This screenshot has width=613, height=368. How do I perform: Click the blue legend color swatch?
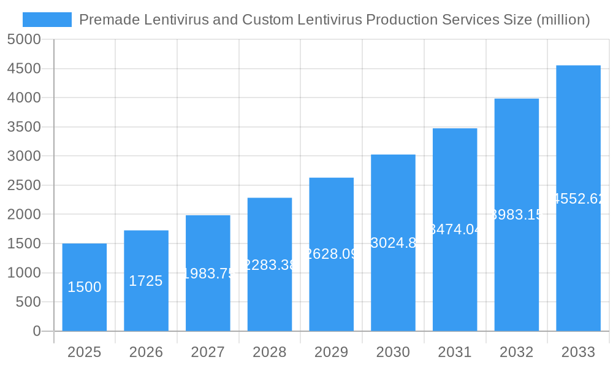(x=47, y=20)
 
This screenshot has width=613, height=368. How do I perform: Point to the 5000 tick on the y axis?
(x=24, y=40)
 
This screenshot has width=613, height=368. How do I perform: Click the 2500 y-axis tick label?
(x=24, y=185)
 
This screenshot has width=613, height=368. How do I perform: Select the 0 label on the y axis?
(x=36, y=331)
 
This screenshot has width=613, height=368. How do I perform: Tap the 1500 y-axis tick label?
(x=24, y=243)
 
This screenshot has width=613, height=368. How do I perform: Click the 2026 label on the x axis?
(x=146, y=352)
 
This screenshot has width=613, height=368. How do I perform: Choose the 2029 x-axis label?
(x=331, y=352)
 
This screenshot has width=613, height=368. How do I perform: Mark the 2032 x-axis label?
(x=516, y=352)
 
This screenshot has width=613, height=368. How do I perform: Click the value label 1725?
(x=146, y=281)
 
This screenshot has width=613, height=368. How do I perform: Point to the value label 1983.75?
(x=208, y=274)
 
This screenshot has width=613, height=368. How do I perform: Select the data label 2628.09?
(x=332, y=254)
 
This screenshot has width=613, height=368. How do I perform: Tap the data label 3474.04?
(x=455, y=229)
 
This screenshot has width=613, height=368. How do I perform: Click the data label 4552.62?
(x=579, y=199)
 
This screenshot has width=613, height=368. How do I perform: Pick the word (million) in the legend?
(x=563, y=20)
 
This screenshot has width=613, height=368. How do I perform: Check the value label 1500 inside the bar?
(x=85, y=287)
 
